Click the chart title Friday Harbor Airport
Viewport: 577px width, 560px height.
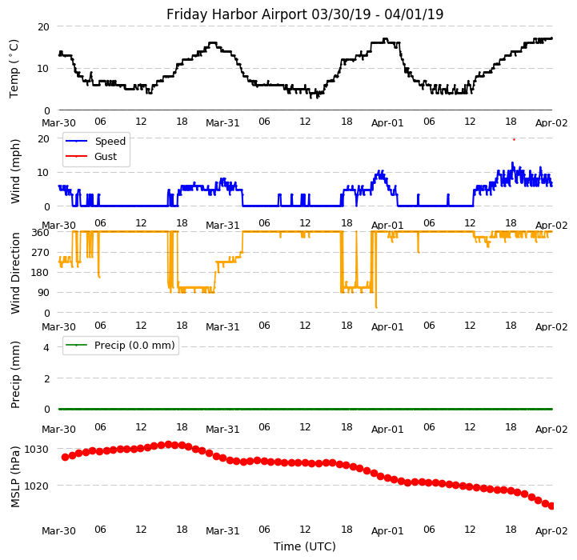[x=305, y=14]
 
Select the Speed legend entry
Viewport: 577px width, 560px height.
[x=110, y=142]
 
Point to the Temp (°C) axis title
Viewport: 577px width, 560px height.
[x=14, y=68]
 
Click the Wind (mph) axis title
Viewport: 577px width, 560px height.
[x=15, y=170]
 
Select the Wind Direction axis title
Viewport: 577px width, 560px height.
[x=15, y=273]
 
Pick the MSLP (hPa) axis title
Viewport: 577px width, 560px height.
[x=15, y=477]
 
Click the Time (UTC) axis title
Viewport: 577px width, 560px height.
[x=305, y=546]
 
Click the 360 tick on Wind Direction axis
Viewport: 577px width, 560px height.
[x=40, y=233]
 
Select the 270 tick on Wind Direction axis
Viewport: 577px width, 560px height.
[x=40, y=253]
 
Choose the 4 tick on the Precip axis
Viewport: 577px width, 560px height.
[x=46, y=347]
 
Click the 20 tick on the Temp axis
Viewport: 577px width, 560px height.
[x=43, y=26]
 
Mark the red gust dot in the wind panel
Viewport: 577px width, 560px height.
[x=514, y=139]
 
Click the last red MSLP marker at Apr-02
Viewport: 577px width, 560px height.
[x=551, y=506]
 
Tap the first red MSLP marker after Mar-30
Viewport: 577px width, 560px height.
[x=65, y=457]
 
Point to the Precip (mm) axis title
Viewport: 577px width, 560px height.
[x=15, y=374]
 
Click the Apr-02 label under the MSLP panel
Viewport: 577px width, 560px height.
[x=551, y=531]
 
